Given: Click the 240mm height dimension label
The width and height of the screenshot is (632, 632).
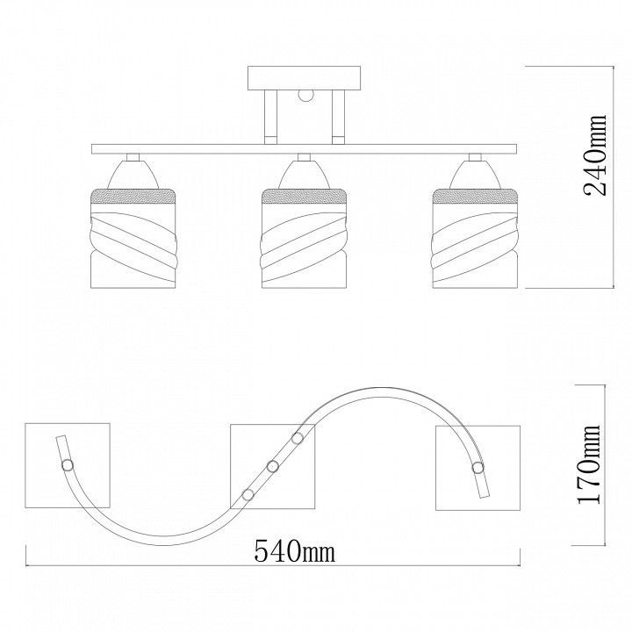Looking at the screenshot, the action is click(x=595, y=155).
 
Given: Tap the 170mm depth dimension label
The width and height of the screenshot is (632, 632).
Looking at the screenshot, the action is click(x=589, y=464).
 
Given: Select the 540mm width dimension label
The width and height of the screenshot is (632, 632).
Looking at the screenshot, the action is click(x=295, y=551).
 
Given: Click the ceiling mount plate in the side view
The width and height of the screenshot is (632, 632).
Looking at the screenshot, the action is click(x=304, y=78).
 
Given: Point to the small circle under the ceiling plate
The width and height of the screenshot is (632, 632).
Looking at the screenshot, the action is click(x=305, y=95).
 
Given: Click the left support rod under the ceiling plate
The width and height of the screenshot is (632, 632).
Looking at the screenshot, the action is click(x=270, y=118).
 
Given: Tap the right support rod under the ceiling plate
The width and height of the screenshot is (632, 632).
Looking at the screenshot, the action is click(x=338, y=118).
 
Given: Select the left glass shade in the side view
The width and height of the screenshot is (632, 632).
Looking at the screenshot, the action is click(x=133, y=238).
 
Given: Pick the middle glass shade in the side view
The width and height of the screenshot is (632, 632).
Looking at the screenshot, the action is click(x=304, y=238).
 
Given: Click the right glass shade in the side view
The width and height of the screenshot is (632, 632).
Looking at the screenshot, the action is click(x=474, y=238).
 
